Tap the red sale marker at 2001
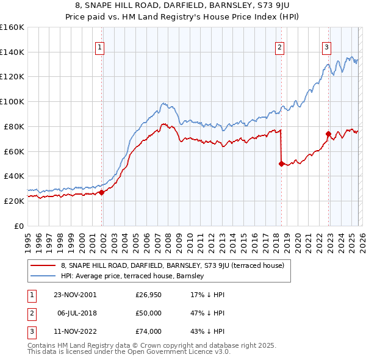click(x=102, y=192)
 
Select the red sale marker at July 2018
click(x=281, y=164)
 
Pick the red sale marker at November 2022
click(x=328, y=134)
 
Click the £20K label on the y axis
click(x=14, y=201)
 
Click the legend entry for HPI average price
click(x=135, y=276)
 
